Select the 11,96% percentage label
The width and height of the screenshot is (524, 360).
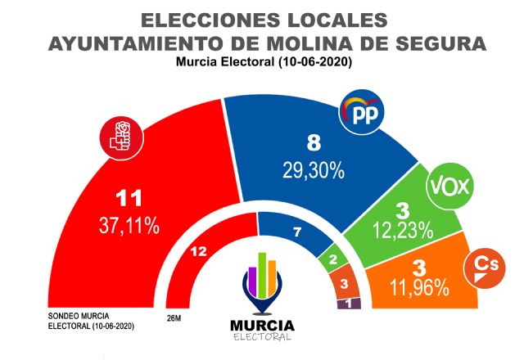pos(418,287)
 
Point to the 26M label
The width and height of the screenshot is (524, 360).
pos(174,318)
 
